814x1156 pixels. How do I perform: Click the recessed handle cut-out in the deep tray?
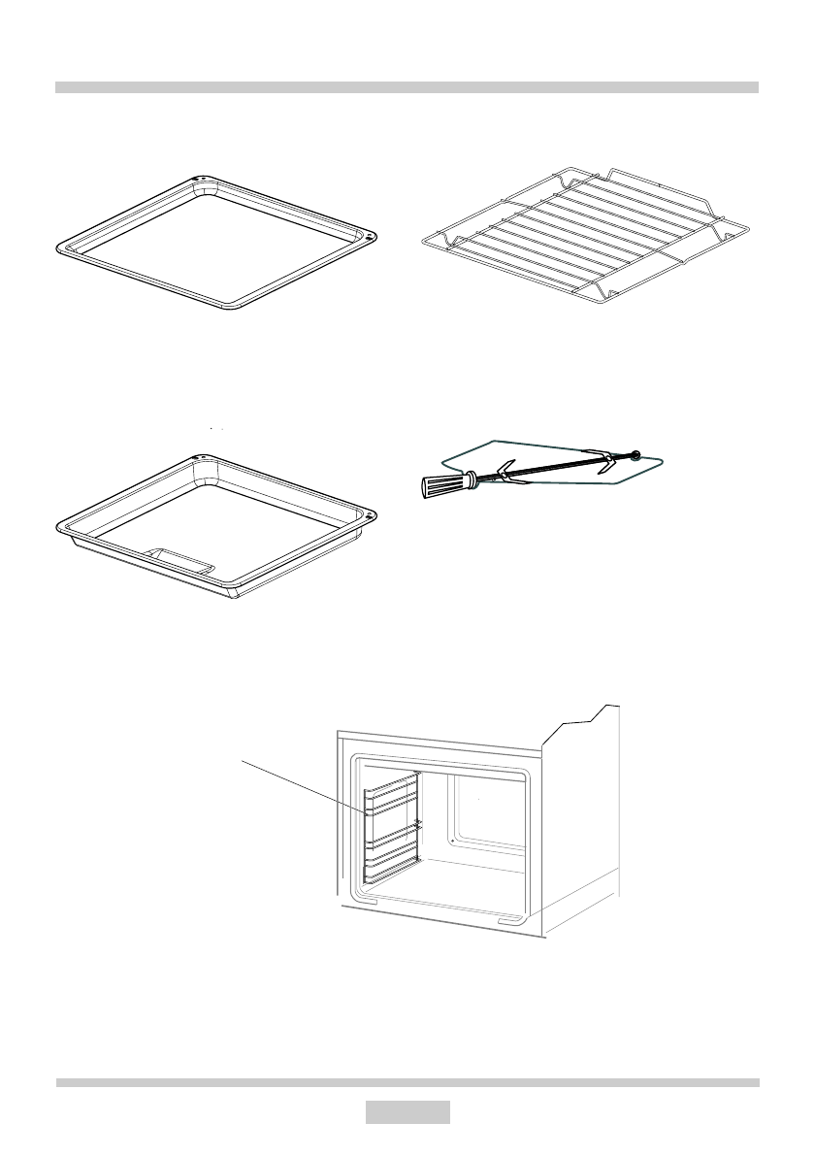179,560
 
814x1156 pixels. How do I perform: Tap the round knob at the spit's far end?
635,452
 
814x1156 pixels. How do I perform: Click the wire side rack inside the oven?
391,827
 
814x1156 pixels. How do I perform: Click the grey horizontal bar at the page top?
407,87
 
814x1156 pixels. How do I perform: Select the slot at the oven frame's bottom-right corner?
510,918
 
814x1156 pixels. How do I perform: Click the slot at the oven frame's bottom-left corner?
365,901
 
